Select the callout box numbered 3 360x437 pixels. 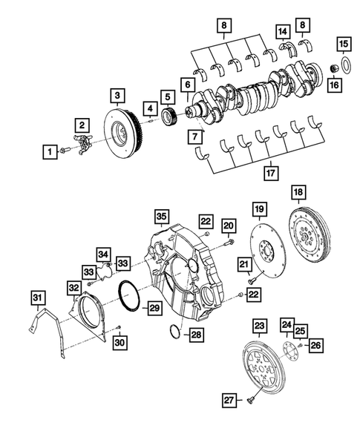(117, 95)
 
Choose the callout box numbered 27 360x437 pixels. (229, 401)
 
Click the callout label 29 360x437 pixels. (154, 307)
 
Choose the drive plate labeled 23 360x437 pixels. (264, 365)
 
